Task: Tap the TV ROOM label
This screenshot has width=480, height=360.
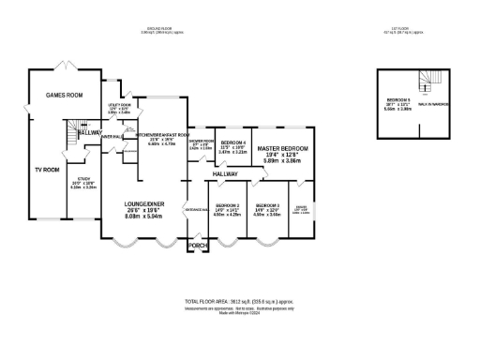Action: coord(46,170)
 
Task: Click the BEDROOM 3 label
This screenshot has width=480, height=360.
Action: coord(267,205)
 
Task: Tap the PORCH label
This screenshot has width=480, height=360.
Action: coord(197,246)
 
